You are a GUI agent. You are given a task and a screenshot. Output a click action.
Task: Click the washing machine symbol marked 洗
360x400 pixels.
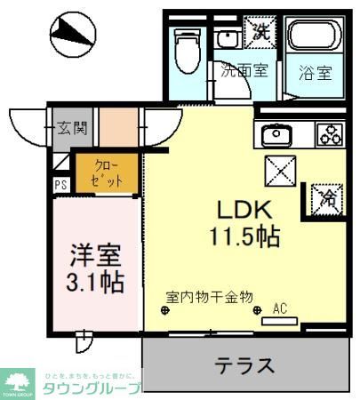point(259,30)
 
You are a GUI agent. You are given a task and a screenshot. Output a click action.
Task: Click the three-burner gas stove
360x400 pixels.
point(331,135)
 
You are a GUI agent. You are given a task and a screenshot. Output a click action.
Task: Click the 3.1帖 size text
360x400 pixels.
point(96,284)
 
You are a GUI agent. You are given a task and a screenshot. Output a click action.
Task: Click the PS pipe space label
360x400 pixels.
point(61,185)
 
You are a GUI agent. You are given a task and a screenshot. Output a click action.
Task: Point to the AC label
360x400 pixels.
point(280,309)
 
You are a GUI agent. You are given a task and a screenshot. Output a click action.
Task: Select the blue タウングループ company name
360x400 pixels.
point(92,388)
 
